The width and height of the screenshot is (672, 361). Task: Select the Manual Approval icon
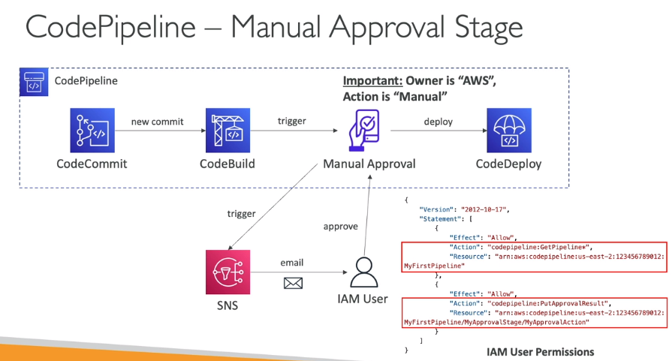click(367, 129)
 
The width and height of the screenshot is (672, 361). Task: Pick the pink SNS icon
click(226, 272)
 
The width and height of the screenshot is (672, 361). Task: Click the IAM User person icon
click(363, 272)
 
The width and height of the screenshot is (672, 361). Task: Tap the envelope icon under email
click(292, 283)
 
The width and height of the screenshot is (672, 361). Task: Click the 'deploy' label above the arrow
click(438, 122)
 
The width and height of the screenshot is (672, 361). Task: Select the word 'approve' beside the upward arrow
click(340, 226)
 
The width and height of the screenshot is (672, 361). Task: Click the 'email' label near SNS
click(292, 263)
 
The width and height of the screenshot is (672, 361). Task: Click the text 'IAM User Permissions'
click(540, 351)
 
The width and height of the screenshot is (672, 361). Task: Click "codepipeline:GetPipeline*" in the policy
click(529, 246)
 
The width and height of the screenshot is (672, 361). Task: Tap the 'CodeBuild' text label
click(228, 164)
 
